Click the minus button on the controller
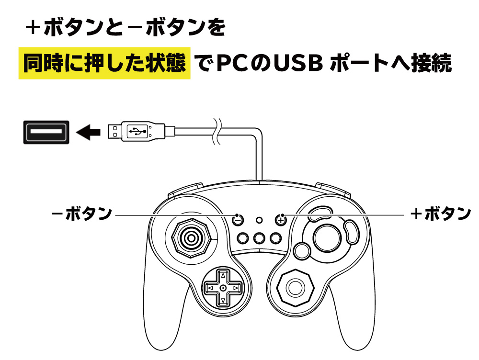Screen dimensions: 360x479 tap(238, 220)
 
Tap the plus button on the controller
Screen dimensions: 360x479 tap(281, 220)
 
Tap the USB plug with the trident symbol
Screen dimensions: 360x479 tap(136, 131)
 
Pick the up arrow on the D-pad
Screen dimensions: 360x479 tap(223, 276)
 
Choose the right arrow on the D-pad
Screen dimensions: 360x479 tap(235, 287)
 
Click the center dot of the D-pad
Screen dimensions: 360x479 tap(223, 287)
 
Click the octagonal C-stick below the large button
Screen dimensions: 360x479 tap(294, 287)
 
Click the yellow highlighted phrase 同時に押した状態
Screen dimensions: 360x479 tap(104, 64)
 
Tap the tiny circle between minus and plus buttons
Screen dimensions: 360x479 tap(260, 220)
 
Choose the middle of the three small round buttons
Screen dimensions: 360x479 tap(260, 238)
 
